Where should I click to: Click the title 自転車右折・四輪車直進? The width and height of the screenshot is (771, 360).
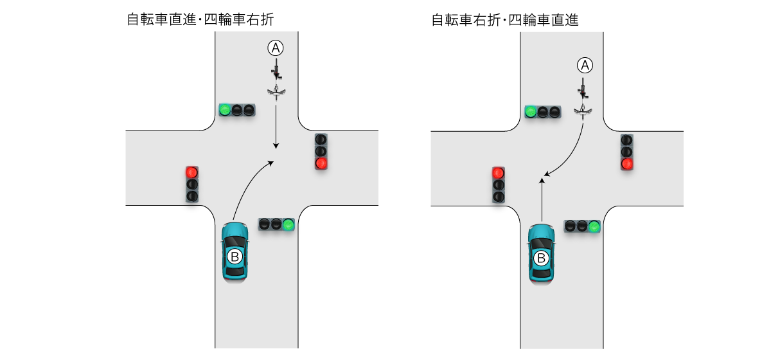pyautogui.click(x=504, y=20)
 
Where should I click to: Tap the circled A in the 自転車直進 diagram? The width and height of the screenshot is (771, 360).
pyautogui.click(x=276, y=47)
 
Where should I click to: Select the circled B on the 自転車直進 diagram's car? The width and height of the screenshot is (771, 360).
pyautogui.click(x=235, y=257)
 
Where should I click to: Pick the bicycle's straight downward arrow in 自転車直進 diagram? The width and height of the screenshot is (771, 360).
pyautogui.click(x=276, y=125)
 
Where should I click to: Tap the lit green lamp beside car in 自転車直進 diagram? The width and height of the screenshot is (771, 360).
pyautogui.click(x=288, y=224)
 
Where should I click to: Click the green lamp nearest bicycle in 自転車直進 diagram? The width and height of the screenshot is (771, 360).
pyautogui.click(x=224, y=110)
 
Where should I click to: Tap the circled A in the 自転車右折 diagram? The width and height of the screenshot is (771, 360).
pyautogui.click(x=583, y=65)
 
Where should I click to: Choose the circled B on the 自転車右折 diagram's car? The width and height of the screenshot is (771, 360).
pyautogui.click(x=541, y=258)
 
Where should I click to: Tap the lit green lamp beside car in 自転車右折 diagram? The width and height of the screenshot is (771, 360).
pyautogui.click(x=594, y=226)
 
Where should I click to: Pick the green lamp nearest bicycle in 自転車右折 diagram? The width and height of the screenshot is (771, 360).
pyautogui.click(x=531, y=111)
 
